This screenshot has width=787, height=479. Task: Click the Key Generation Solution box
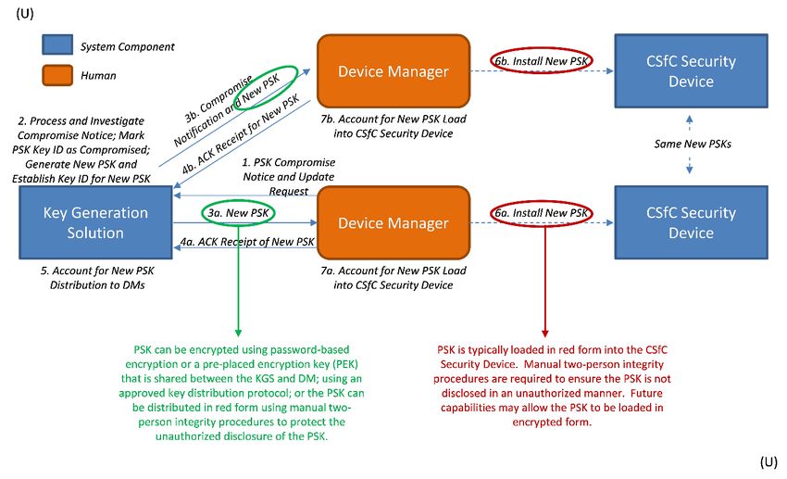click(x=95, y=222)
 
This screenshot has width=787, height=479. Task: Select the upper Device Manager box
click(x=393, y=70)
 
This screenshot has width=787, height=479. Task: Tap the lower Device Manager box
click(x=393, y=222)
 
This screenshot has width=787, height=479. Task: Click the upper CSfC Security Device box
click(x=691, y=70)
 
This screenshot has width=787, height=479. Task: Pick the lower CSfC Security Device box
click(x=691, y=222)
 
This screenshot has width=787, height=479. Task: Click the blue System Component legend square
click(x=57, y=44)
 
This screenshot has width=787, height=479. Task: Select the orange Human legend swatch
click(x=57, y=75)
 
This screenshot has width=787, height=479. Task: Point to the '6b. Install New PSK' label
click(x=541, y=61)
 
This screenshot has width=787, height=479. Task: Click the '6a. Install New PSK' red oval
click(x=541, y=213)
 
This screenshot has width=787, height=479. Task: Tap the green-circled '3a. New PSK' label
click(x=238, y=213)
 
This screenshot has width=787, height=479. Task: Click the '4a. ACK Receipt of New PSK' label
click(x=247, y=242)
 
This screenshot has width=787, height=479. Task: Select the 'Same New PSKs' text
click(x=693, y=145)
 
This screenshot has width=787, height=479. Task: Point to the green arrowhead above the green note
click(x=238, y=333)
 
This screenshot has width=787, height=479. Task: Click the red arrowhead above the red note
click(x=545, y=334)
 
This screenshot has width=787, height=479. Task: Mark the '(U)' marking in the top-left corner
click(x=25, y=13)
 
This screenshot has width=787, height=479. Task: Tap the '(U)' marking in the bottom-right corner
click(x=768, y=462)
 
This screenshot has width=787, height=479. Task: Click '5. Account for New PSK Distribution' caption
click(x=97, y=278)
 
